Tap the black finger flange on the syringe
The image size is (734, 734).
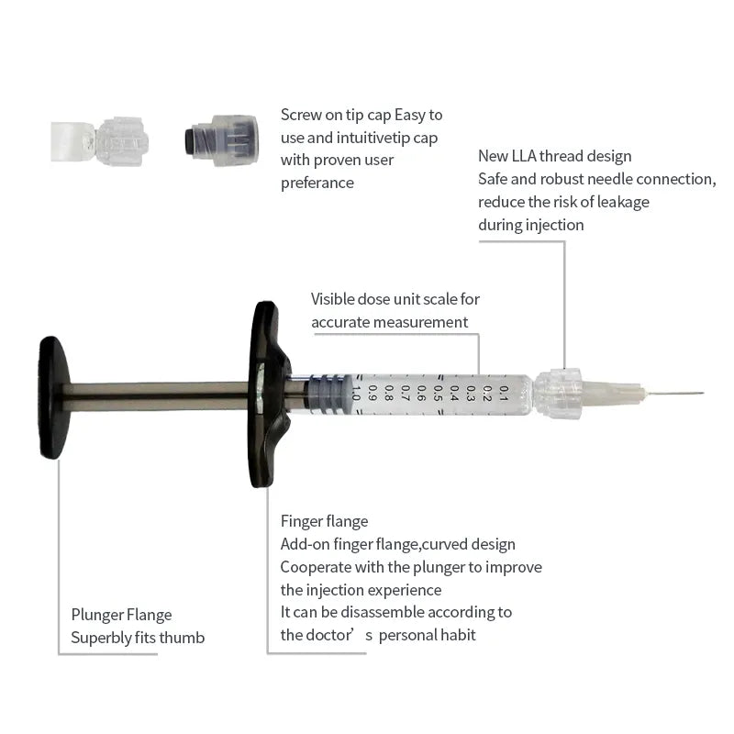tap(266, 395)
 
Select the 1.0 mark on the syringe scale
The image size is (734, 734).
tap(356, 394)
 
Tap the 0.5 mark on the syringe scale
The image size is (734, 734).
tap(438, 394)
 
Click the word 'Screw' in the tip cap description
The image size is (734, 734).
tap(301, 116)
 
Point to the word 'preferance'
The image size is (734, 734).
tap(317, 183)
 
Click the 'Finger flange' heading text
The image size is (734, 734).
tap(324, 521)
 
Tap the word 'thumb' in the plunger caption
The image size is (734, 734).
tap(180, 638)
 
